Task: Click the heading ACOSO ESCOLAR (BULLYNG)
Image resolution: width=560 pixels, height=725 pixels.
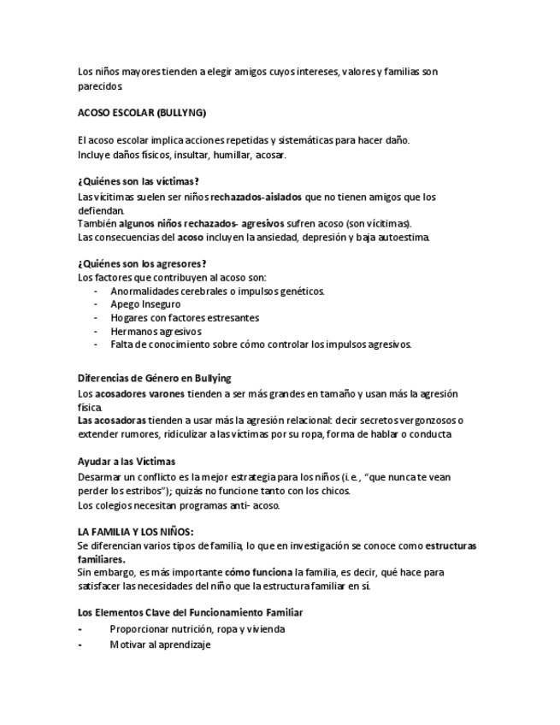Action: (141, 113)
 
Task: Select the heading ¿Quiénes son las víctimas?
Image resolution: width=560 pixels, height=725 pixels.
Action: (139, 181)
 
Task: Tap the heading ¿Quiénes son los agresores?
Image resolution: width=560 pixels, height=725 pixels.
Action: (142, 263)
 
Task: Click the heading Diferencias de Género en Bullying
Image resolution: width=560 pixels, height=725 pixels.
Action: (154, 378)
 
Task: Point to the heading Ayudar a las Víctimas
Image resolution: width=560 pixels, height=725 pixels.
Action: (127, 461)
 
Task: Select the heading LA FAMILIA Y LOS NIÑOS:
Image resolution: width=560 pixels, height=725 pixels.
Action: (136, 531)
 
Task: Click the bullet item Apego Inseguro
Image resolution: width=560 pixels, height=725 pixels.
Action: (145, 304)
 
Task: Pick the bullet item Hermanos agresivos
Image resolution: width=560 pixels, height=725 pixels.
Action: (156, 332)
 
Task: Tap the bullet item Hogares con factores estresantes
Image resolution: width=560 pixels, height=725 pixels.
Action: (185, 318)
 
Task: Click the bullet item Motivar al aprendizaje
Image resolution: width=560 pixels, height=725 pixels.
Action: (160, 645)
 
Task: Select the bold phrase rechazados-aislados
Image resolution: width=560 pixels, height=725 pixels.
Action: (256, 197)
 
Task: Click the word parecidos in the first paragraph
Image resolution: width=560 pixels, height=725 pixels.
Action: (100, 86)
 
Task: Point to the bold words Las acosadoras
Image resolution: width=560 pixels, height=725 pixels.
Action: (111, 420)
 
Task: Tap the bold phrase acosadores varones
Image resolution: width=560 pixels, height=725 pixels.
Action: (148, 393)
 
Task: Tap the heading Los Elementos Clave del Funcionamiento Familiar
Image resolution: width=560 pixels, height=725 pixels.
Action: (190, 613)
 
